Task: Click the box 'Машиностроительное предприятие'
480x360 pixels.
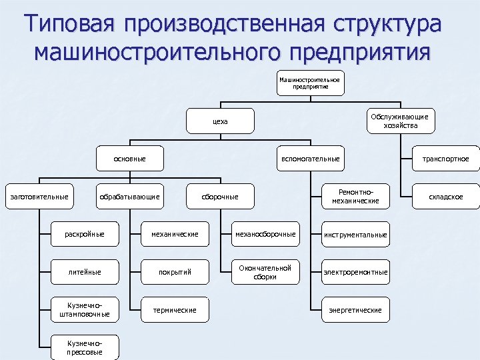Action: (x=309, y=83)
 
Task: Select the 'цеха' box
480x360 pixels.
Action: (x=220, y=121)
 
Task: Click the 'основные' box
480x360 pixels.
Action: (x=130, y=159)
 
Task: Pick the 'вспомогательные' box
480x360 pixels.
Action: (x=310, y=159)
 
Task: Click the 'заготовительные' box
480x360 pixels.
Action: (x=38, y=197)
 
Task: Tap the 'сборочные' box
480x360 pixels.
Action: (x=220, y=197)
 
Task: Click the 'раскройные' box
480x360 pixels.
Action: (x=85, y=234)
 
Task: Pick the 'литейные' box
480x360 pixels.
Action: (x=85, y=272)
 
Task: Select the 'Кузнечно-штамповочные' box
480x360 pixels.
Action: (x=85, y=309)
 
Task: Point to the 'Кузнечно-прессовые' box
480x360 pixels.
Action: (x=85, y=347)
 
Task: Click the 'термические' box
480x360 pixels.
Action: (x=175, y=309)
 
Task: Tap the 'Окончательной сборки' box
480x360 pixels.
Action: (x=265, y=272)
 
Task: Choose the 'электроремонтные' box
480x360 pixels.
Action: (x=355, y=272)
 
